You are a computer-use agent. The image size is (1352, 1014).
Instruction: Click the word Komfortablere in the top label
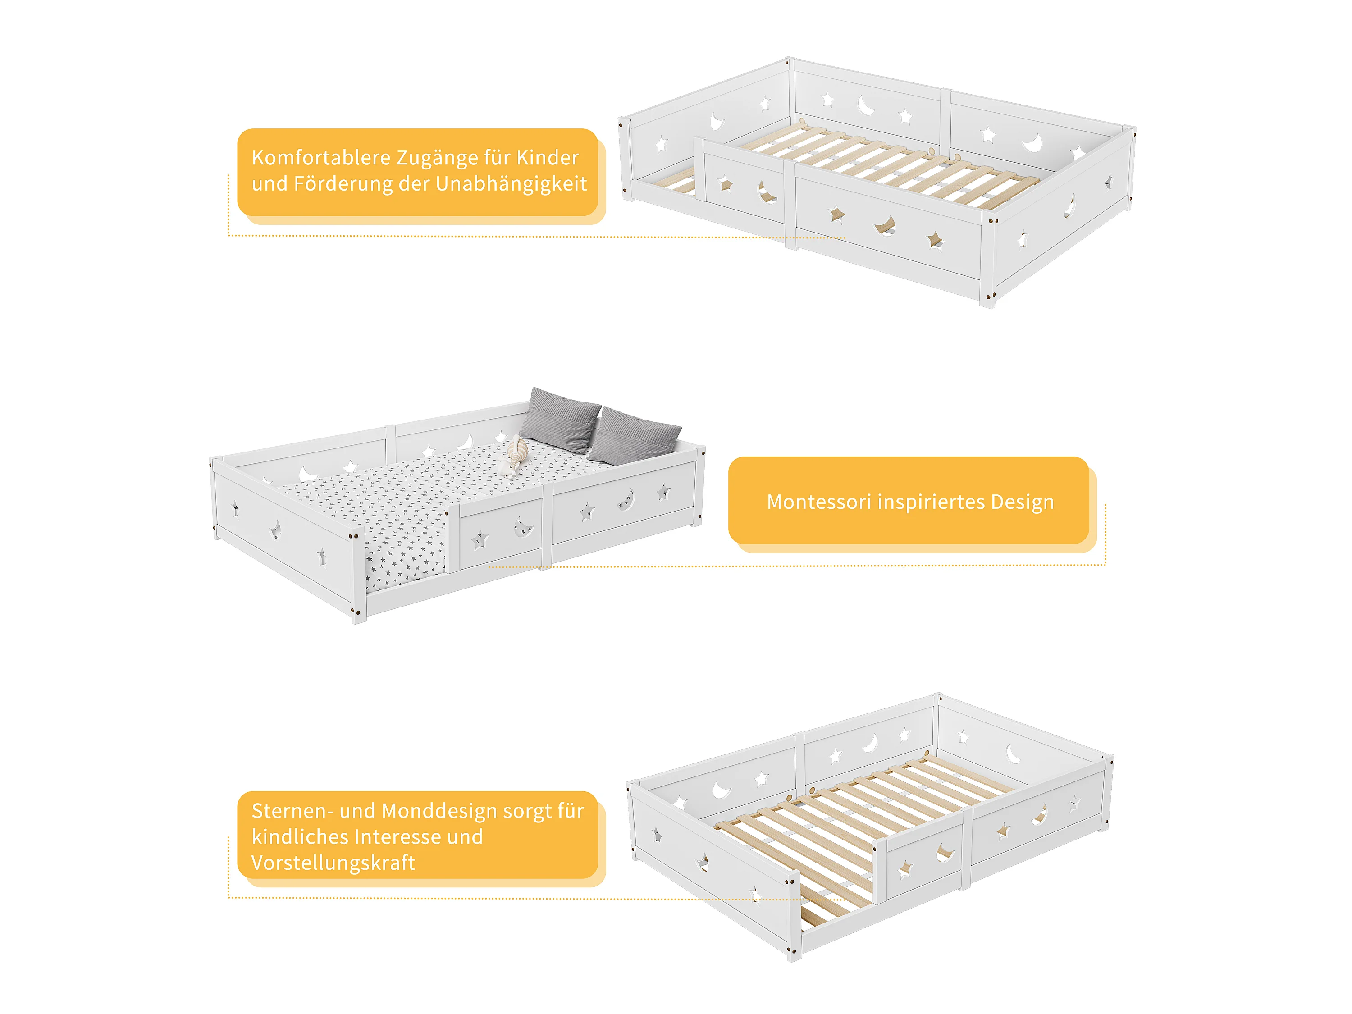tap(321, 158)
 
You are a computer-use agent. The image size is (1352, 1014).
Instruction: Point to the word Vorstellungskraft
tap(333, 863)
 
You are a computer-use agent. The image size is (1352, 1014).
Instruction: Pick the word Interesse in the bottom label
tap(398, 837)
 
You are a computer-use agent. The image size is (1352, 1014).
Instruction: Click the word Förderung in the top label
tap(343, 184)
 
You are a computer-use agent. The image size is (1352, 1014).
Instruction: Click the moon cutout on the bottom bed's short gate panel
tap(945, 851)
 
